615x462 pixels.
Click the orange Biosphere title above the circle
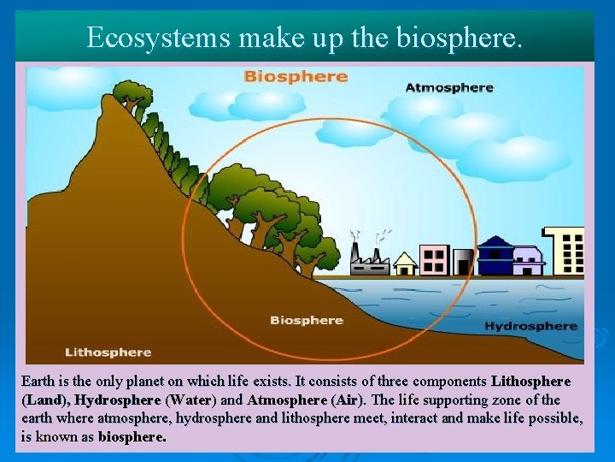pyautogui.click(x=296, y=76)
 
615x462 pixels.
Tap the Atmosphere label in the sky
pyautogui.click(x=448, y=87)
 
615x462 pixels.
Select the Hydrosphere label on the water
pyautogui.click(x=530, y=326)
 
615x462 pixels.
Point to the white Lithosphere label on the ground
pyautogui.click(x=108, y=352)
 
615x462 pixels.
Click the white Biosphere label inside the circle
pyautogui.click(x=306, y=320)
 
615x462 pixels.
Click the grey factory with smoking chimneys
pyautogui.click(x=370, y=260)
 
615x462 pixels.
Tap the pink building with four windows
pyautogui.click(x=434, y=260)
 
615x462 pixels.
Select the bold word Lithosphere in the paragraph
pyautogui.click(x=531, y=381)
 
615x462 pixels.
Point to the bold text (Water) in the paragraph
pyautogui.click(x=191, y=400)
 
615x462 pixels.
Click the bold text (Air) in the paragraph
pyautogui.click(x=346, y=400)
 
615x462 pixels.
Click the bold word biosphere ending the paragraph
pyautogui.click(x=132, y=437)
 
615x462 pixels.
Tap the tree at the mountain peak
pyautogui.click(x=131, y=92)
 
